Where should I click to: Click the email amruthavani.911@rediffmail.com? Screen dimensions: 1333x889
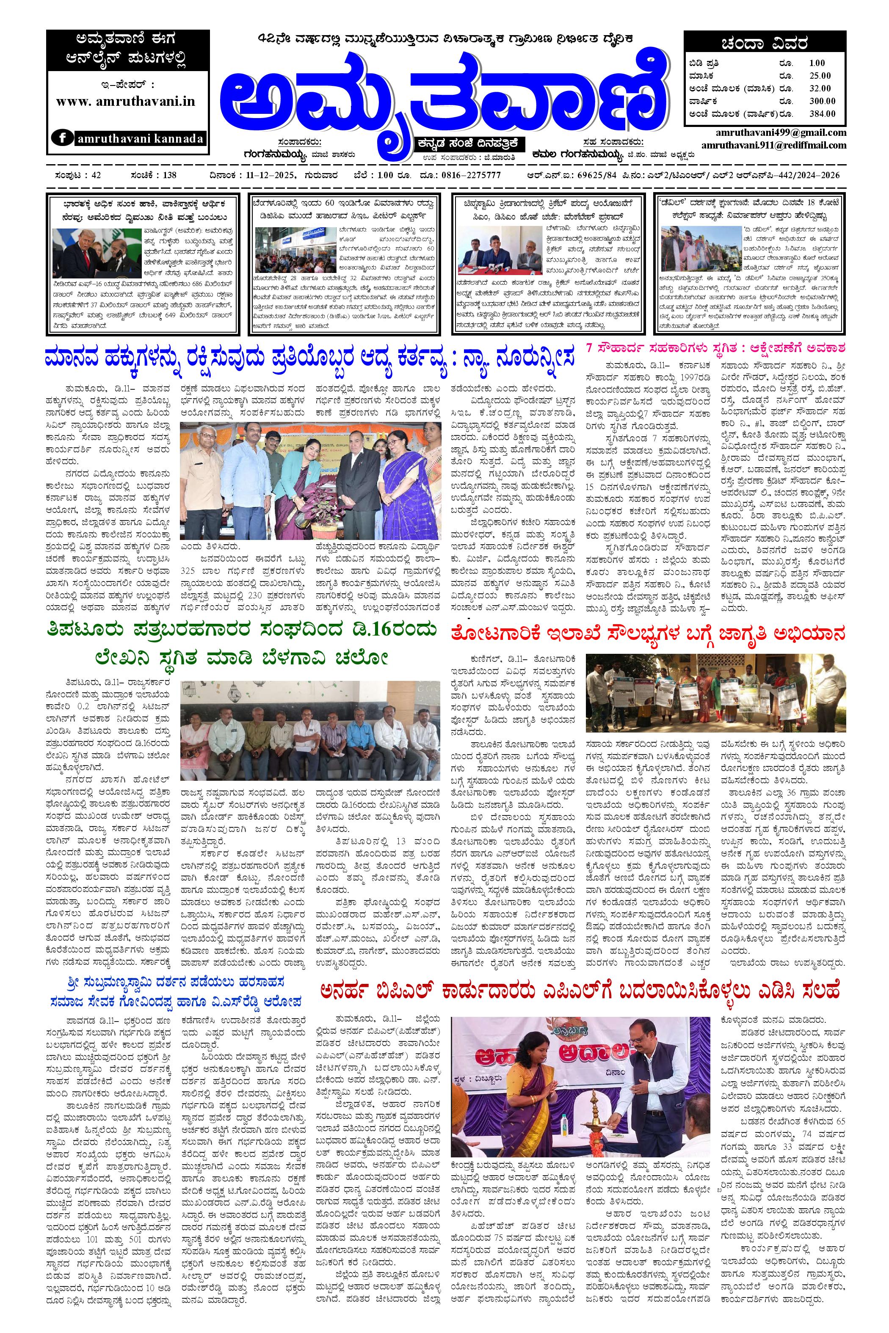click(x=773, y=145)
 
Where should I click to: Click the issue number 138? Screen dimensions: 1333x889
click(x=169, y=175)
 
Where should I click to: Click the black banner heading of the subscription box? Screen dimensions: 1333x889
click(x=764, y=44)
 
